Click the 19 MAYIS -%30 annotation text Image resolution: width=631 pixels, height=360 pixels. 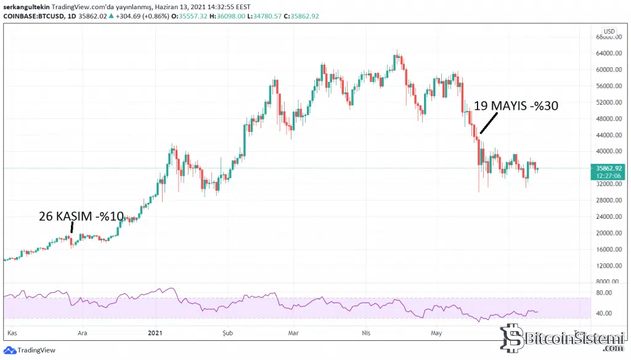516,106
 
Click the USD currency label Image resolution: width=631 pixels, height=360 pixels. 609,31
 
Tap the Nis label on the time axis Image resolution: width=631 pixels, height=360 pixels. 367,333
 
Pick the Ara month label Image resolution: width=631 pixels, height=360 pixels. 81,333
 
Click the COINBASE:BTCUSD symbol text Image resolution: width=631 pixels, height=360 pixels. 30,15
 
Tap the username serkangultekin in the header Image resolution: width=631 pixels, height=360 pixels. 25,6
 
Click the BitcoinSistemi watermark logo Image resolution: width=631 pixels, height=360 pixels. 560,339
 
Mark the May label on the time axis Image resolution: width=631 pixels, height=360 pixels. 436,333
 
